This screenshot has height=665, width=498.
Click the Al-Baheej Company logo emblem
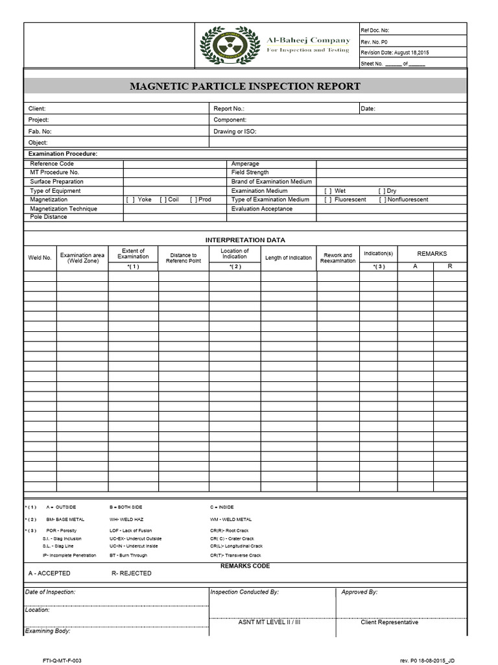click(228, 46)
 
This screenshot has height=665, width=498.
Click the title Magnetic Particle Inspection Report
click(245, 86)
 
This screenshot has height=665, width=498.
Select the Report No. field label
click(229, 108)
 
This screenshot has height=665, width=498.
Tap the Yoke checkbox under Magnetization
click(130, 200)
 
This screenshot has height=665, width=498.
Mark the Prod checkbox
click(194, 200)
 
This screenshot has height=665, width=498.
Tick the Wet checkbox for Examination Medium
click(328, 191)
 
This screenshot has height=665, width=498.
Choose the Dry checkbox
click(381, 191)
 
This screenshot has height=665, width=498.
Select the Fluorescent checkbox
click(328, 200)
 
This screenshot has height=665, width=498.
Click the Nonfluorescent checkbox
click(383, 200)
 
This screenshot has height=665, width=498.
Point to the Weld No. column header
click(40, 258)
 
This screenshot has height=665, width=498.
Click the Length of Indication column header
click(289, 258)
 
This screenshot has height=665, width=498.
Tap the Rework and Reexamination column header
click(338, 258)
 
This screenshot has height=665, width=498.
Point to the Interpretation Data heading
click(245, 240)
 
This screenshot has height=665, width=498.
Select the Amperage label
click(245, 164)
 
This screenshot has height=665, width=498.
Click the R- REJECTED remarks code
click(132, 573)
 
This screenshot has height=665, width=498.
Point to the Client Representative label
click(389, 622)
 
